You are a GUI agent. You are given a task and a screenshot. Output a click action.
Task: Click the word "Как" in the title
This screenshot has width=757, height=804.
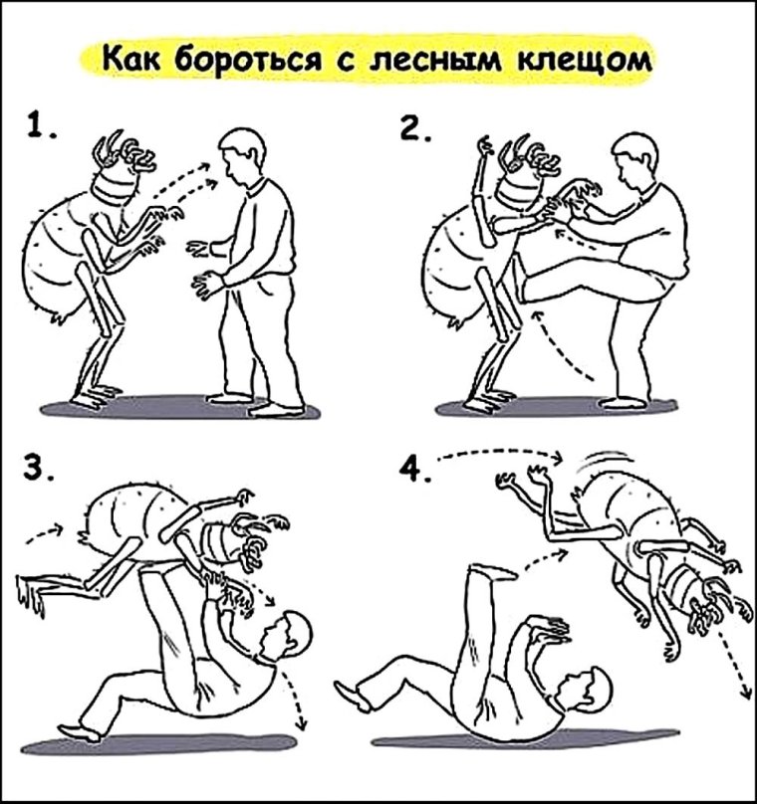tap(131, 60)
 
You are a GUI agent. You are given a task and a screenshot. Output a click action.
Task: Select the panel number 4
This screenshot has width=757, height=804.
tap(413, 468)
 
